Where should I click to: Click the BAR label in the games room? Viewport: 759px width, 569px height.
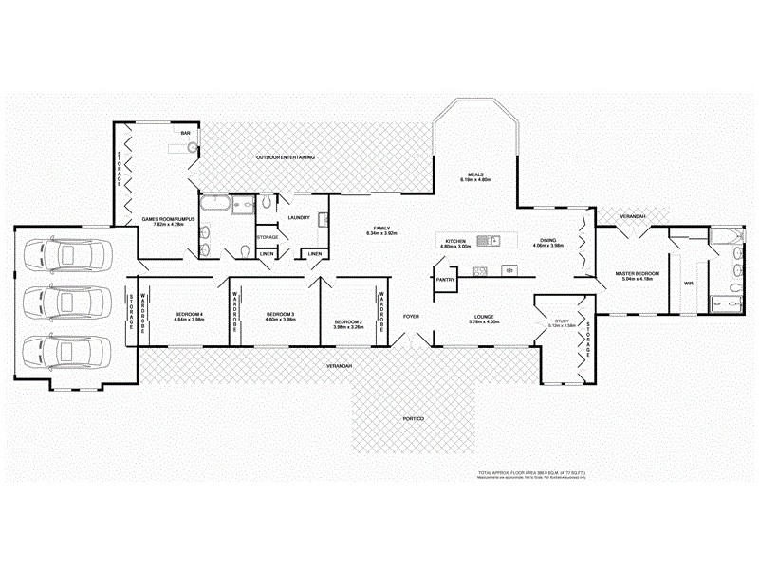(x=186, y=134)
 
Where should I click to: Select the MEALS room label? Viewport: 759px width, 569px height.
(x=475, y=174)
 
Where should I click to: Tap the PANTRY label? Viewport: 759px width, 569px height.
(x=445, y=281)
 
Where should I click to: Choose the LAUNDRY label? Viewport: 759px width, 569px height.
(x=300, y=217)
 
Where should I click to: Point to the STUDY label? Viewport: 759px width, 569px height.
(x=561, y=321)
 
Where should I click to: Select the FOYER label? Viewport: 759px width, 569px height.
(x=411, y=315)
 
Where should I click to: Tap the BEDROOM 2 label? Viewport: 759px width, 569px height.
(x=348, y=321)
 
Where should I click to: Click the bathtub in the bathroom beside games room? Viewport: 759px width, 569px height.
(x=214, y=203)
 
